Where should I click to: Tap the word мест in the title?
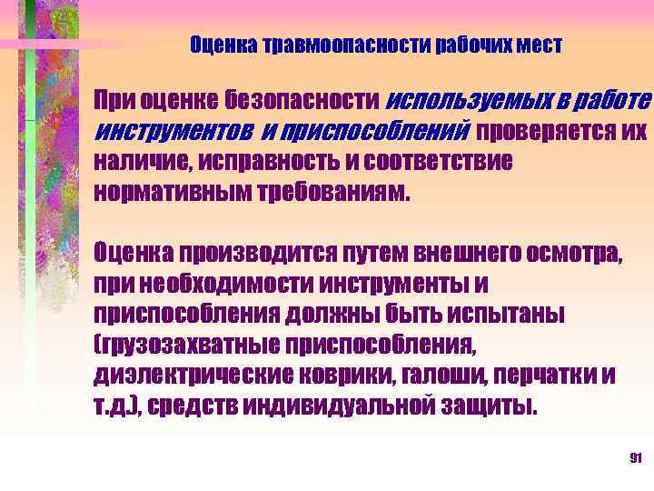pos(540,45)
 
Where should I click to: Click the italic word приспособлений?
pos(377,130)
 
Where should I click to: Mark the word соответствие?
pos(430,161)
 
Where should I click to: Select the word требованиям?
pos(335,192)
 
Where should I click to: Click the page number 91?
pos(636,457)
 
